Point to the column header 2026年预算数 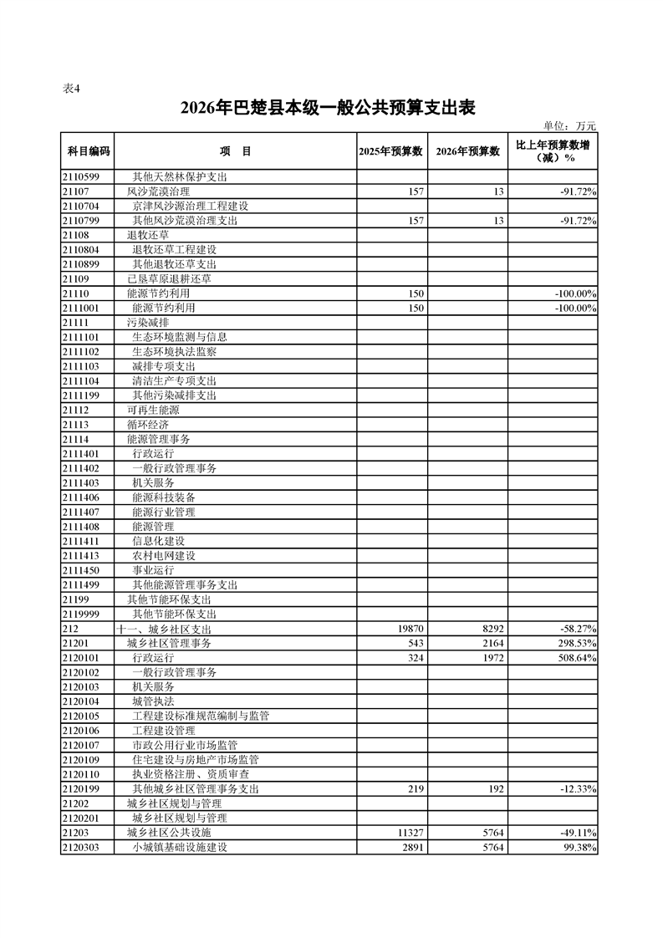(468, 151)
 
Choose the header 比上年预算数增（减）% (553, 151)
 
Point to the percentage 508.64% (577, 658)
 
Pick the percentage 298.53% (577, 644)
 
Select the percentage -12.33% (578, 788)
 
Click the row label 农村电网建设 (164, 556)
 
